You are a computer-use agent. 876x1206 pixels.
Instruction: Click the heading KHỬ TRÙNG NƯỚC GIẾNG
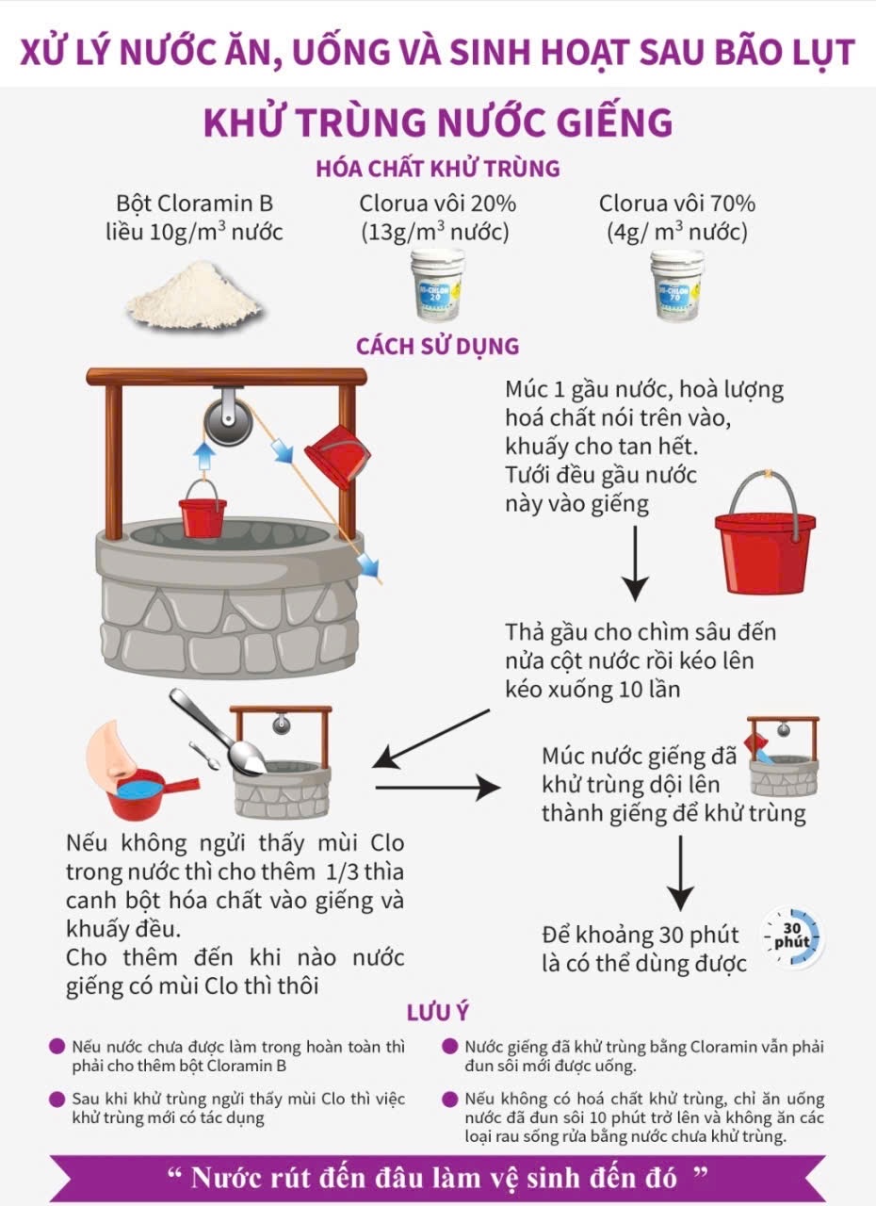[x=438, y=123]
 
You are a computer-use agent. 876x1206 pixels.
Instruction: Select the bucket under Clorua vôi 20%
[x=438, y=284]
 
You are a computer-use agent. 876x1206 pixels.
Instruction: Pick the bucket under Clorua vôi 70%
[x=677, y=284]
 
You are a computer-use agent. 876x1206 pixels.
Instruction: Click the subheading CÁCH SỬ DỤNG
[x=437, y=346]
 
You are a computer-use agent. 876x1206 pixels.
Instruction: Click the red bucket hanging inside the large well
[x=203, y=512]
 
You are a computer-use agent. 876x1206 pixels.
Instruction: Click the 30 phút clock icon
[x=793, y=939]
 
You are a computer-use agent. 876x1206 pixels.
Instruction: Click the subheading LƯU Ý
[x=438, y=1013]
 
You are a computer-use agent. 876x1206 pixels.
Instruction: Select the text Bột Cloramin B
[x=195, y=204]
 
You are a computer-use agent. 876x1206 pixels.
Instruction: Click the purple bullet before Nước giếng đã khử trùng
[x=449, y=1047]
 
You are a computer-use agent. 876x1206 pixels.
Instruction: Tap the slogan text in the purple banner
[x=437, y=1177]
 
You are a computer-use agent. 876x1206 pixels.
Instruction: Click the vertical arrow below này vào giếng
[x=635, y=563]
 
